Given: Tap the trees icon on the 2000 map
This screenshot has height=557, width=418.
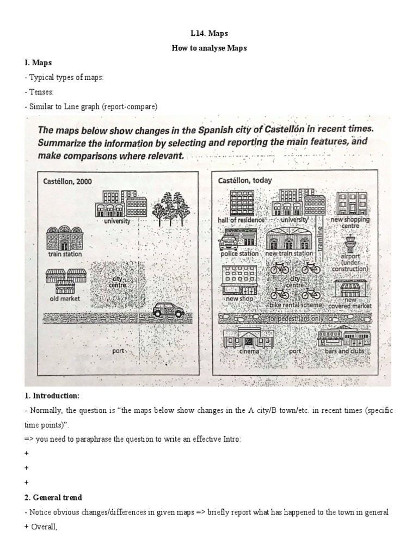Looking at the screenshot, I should click(169, 207).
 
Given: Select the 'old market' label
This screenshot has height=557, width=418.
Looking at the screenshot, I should click(65, 298).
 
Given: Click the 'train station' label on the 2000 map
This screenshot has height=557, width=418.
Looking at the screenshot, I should click(65, 254).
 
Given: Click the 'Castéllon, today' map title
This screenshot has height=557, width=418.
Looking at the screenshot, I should click(245, 180).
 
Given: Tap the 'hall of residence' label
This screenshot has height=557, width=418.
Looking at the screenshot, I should click(241, 220).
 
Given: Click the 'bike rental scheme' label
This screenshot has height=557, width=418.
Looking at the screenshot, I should click(296, 306).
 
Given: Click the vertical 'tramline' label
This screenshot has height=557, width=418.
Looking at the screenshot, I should click(321, 237).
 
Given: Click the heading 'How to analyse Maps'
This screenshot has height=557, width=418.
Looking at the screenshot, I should click(209, 48).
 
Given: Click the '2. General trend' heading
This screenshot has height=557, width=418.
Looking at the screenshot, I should click(53, 497).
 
